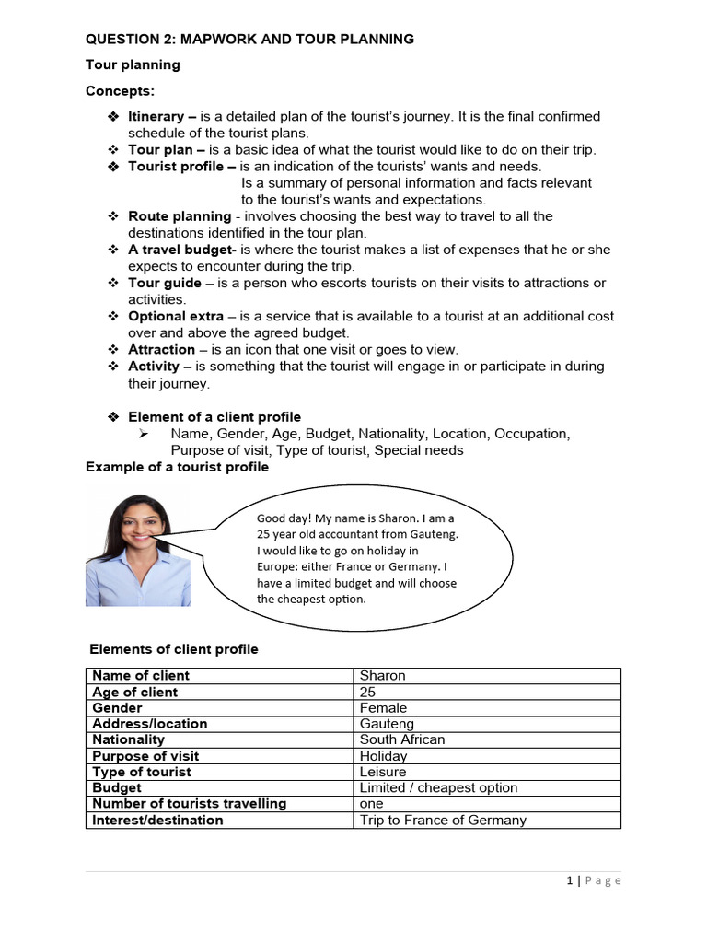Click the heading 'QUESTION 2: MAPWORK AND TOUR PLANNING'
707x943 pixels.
click(x=249, y=39)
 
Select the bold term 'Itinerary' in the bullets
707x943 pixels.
click(x=156, y=116)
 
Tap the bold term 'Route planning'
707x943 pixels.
click(x=180, y=216)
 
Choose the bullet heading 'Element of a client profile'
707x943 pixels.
click(x=214, y=416)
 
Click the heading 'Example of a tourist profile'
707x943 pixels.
click(x=177, y=467)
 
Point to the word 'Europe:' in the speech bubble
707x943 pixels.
click(x=276, y=566)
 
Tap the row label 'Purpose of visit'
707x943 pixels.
click(x=145, y=756)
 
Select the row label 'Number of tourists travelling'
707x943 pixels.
click(x=189, y=803)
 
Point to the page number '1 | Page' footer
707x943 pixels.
click(x=594, y=880)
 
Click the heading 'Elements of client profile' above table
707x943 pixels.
click(x=174, y=649)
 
